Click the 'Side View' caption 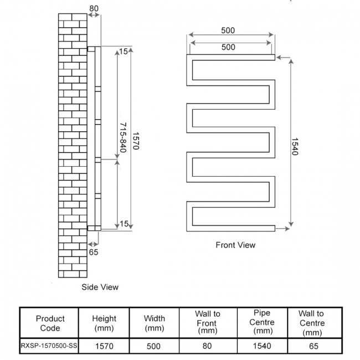pos(100,287)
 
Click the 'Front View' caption pos(235,245)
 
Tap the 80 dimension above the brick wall pos(94,8)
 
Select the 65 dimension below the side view pos(94,251)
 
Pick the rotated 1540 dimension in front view pos(294,145)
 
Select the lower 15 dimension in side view pos(124,224)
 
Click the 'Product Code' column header pos(50,323)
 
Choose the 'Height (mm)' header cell pos(104,323)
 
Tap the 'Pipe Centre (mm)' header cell pos(261,322)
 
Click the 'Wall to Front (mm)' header pos(207,322)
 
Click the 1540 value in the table pos(261,346)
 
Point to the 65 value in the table pos(313,346)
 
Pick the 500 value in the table pos(153,346)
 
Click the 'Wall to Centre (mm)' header pos(313,323)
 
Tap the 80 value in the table pos(207,346)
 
